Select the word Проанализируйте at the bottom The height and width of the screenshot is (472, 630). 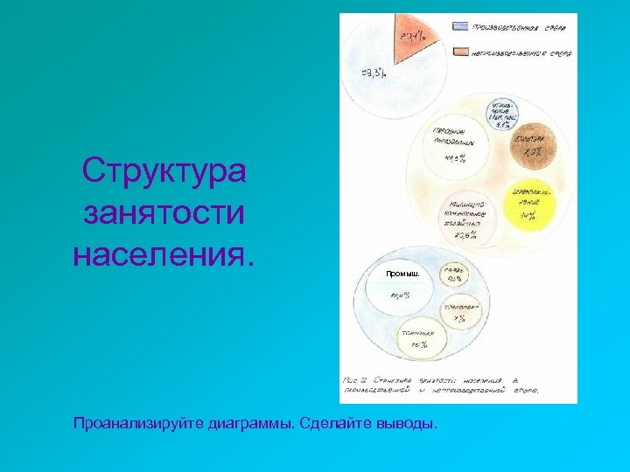139,425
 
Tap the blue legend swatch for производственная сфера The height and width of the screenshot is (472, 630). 460,26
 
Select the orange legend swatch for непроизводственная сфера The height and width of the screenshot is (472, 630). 460,52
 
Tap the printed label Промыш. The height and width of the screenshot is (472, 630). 402,274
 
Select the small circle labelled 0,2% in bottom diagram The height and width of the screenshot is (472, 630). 455,274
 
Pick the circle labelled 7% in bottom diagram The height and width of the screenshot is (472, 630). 458,314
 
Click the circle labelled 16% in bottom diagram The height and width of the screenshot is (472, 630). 419,339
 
